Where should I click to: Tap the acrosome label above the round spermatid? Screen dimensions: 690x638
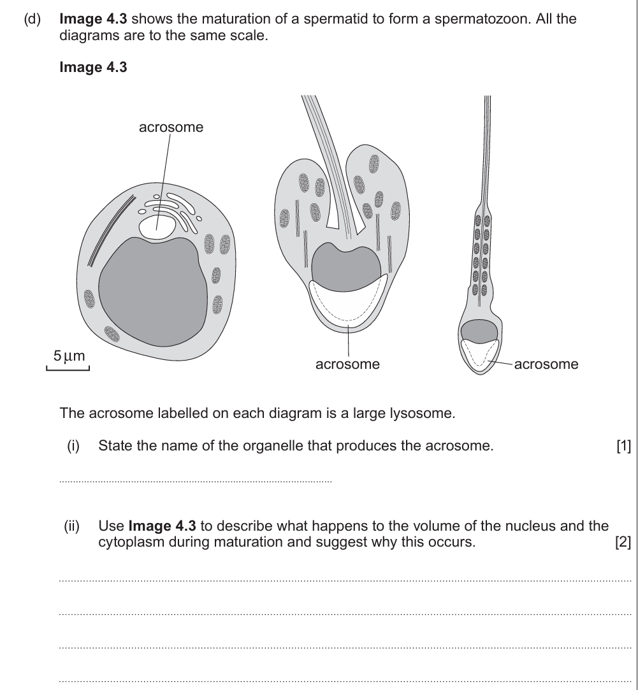pos(171,127)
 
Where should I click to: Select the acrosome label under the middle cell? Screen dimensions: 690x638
pos(347,364)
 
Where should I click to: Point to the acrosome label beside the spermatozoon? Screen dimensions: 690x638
pos(546,364)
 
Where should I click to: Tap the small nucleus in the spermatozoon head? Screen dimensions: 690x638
pos(479,331)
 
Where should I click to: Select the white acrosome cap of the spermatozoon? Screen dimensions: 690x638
pos(479,354)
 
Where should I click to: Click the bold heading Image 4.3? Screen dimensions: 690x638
pos(93,68)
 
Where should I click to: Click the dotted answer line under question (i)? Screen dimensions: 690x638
pos(195,482)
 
